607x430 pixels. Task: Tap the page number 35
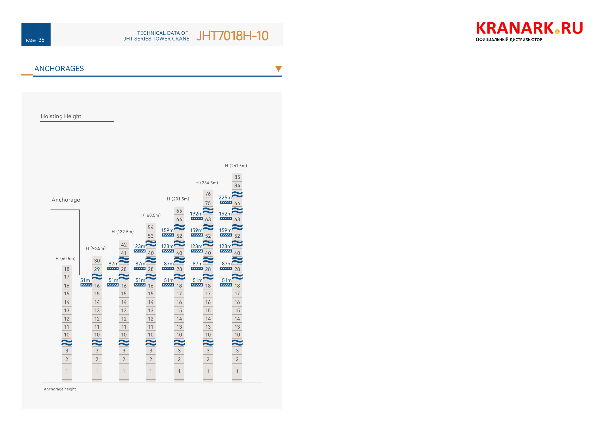(41, 40)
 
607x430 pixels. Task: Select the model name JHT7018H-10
(232, 36)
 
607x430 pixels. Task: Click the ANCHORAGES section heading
(59, 69)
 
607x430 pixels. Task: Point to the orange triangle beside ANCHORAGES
(278, 68)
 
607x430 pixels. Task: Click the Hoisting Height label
(61, 116)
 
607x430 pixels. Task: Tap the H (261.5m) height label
(236, 166)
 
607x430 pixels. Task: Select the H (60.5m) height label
(66, 259)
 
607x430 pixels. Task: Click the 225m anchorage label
(225, 198)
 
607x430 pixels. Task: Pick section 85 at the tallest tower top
(237, 177)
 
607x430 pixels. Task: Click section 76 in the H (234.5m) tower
(208, 194)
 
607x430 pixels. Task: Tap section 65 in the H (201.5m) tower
(179, 211)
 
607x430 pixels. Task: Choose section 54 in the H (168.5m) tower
(151, 227)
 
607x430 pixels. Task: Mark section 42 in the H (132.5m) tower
(124, 245)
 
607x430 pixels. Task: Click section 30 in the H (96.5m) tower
(97, 260)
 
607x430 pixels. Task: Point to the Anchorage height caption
(60, 389)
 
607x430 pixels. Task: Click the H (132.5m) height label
(122, 232)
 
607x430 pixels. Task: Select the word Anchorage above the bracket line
(66, 200)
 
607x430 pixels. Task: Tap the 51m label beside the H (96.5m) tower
(85, 280)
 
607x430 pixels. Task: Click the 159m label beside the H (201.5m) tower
(167, 230)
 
